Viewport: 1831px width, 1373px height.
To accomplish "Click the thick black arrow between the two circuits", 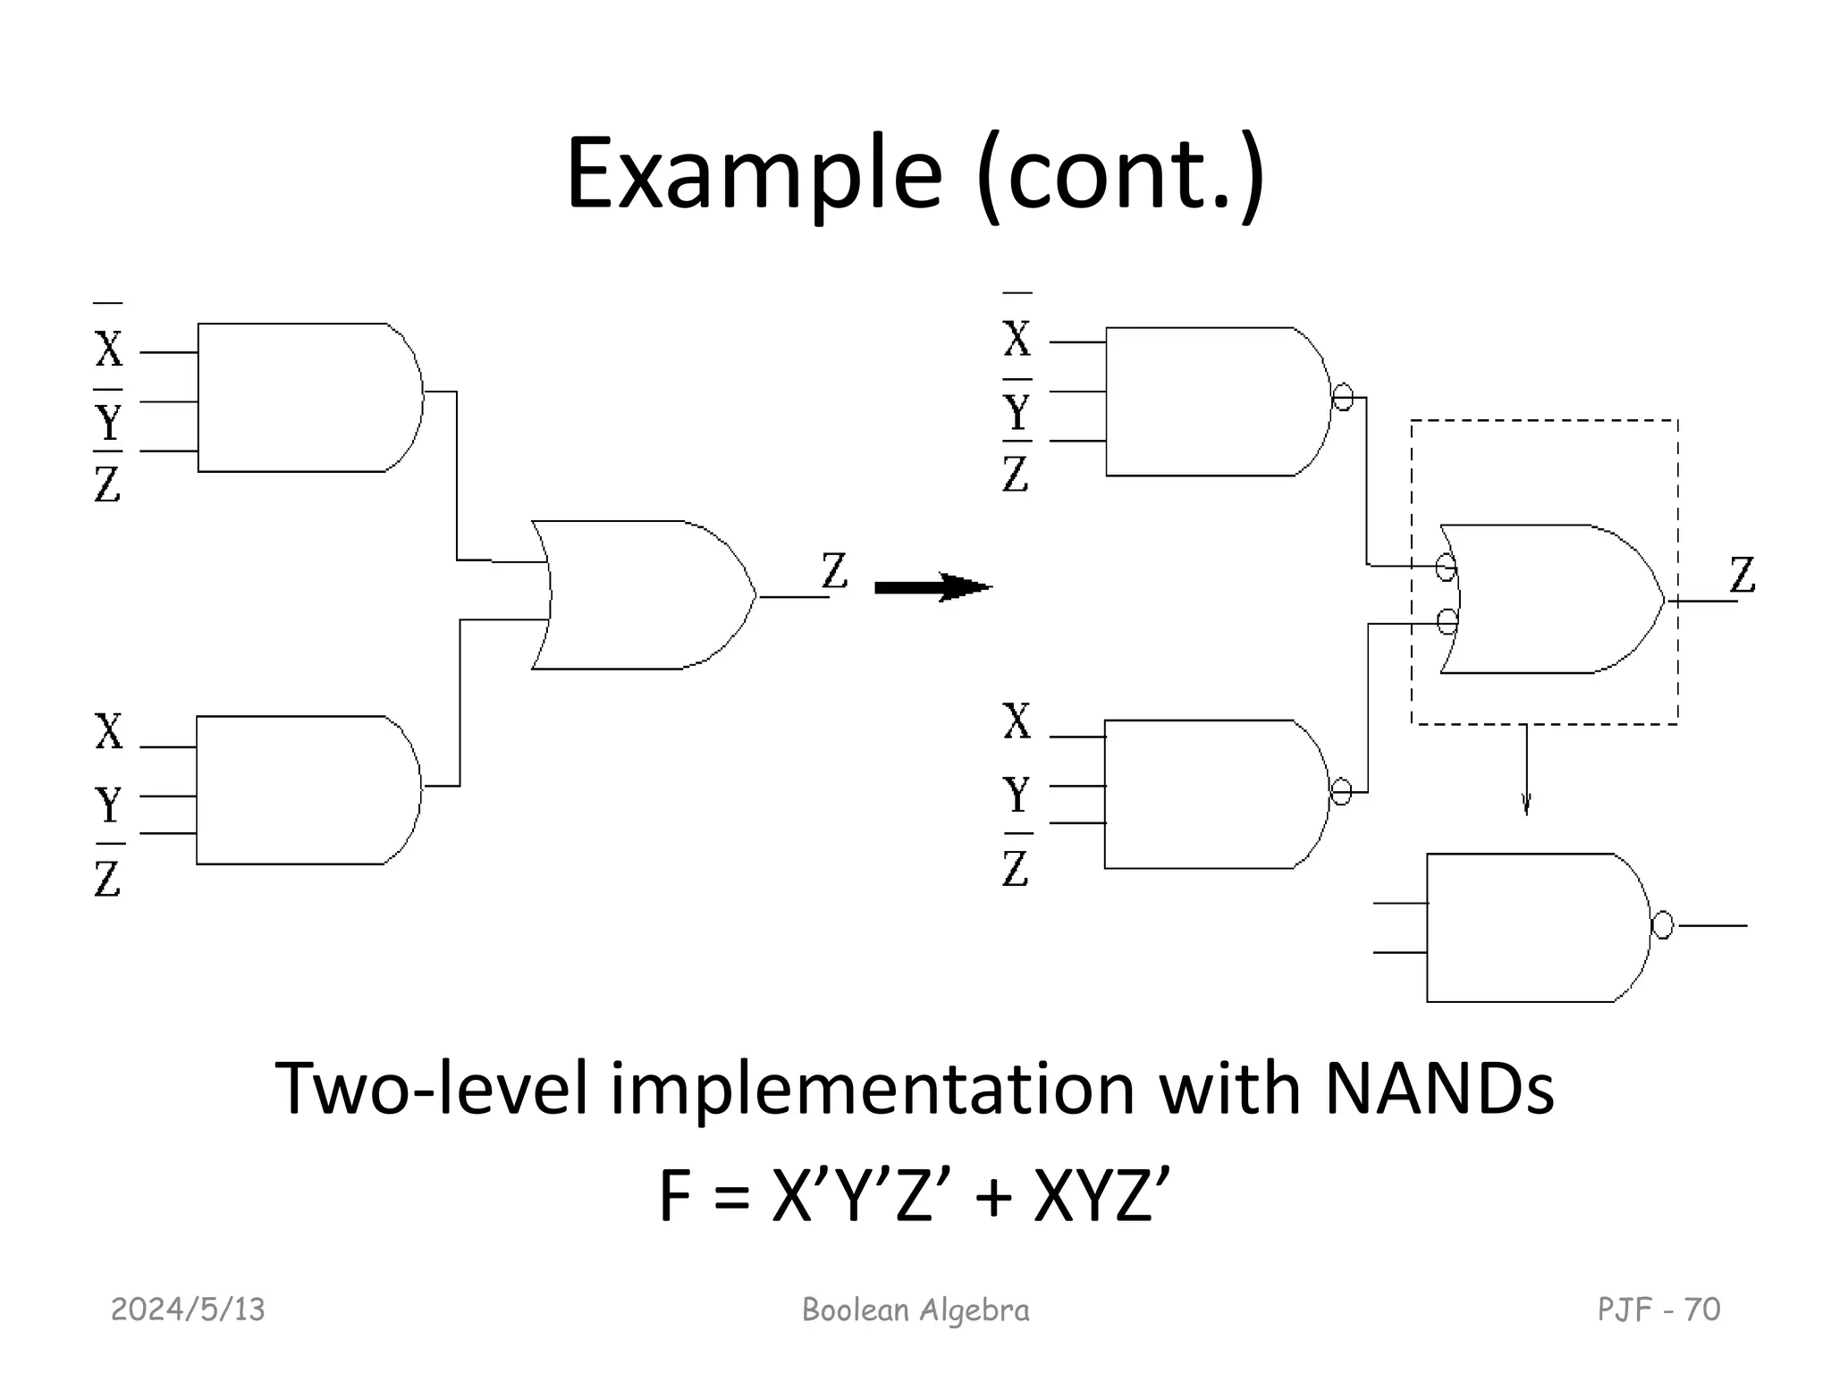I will [932, 587].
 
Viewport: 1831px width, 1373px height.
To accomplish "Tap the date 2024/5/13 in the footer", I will [188, 1310].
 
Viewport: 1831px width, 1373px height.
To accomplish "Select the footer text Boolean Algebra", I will [915, 1310].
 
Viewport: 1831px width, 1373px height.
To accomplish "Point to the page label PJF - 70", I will [1658, 1310].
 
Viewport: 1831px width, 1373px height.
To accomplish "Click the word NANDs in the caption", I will [1439, 1090].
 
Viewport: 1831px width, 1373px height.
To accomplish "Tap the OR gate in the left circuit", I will [644, 595].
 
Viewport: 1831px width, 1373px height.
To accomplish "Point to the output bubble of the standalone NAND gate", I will [1662, 925].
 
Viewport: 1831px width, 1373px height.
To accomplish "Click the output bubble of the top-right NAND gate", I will [1343, 396].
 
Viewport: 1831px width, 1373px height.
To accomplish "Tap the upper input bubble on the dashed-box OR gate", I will [1445, 567].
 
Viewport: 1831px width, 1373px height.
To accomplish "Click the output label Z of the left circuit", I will [834, 570].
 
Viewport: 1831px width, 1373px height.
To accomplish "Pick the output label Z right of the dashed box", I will [1742, 575].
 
